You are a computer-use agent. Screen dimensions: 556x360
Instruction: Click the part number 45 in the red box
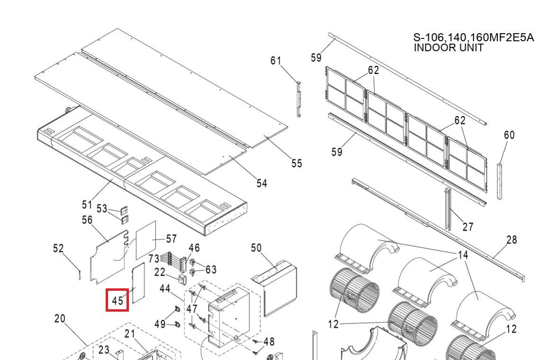(118, 301)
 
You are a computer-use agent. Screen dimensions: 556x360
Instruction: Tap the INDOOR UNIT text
(448, 47)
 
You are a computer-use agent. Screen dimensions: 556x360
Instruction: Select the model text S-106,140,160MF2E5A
(474, 37)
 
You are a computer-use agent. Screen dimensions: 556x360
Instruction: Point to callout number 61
(276, 61)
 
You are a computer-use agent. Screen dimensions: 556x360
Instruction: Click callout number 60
(509, 135)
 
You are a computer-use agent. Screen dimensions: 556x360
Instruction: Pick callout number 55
(297, 163)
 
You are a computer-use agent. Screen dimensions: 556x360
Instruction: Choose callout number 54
(262, 183)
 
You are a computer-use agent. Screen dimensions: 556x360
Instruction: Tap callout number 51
(87, 204)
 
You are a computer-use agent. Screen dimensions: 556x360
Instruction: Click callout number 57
(171, 239)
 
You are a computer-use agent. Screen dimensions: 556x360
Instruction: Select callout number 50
(256, 248)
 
